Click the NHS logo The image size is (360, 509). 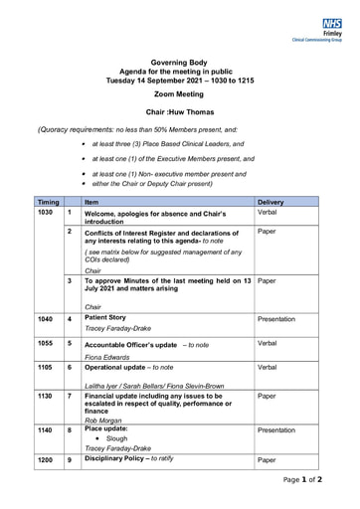(x=333, y=22)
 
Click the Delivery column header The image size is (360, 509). (x=270, y=202)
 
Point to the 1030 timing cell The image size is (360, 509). (x=45, y=213)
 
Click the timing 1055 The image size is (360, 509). (x=46, y=343)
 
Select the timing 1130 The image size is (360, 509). (x=46, y=396)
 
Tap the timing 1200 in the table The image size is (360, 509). (x=46, y=460)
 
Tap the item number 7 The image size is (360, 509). (x=69, y=396)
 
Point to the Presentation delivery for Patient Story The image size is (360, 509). (x=276, y=319)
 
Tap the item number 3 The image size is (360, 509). (x=69, y=281)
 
